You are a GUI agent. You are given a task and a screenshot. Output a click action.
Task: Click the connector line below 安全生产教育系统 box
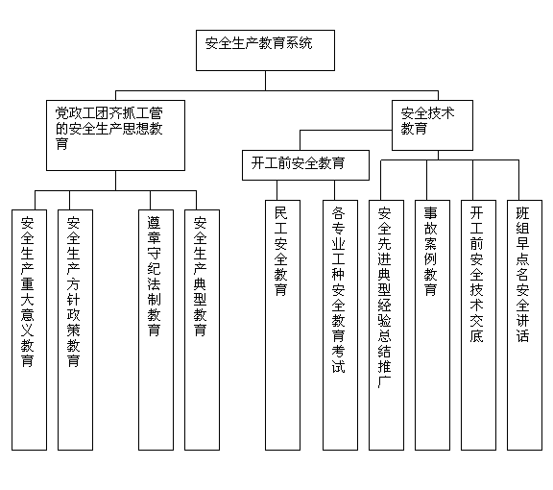[x=265, y=81]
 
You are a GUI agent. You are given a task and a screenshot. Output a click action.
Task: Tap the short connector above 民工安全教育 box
[x=276, y=190]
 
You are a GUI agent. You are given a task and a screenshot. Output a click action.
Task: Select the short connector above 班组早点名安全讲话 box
[x=518, y=180]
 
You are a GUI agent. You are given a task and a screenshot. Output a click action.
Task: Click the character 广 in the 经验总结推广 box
[x=384, y=382]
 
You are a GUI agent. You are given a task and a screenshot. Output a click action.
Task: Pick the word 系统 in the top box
[x=300, y=43]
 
